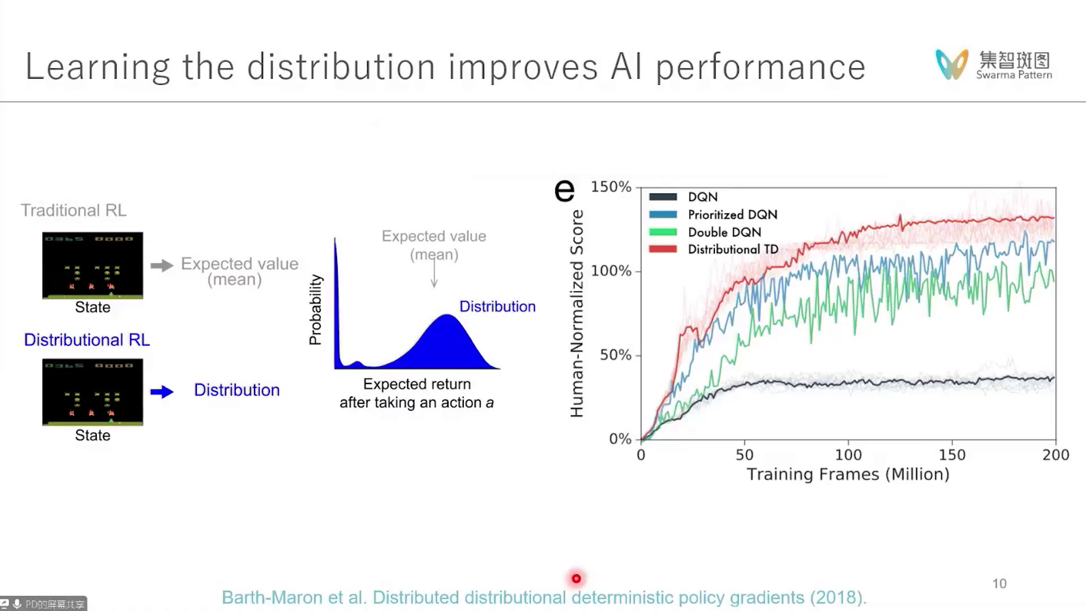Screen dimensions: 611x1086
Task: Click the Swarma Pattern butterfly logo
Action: (952, 64)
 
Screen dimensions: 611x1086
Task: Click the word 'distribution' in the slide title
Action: (341, 67)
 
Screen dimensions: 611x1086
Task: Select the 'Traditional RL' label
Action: (74, 210)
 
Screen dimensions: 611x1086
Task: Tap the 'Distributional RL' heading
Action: (87, 339)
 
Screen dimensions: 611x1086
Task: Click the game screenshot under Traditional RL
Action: (93, 265)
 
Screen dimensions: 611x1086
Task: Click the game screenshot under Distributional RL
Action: (93, 391)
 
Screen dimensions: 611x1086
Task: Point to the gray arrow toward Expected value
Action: (162, 265)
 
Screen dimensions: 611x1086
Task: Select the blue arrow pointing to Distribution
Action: (162, 391)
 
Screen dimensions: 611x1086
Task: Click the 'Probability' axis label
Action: (315, 309)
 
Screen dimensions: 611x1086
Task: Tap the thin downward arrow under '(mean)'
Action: (434, 274)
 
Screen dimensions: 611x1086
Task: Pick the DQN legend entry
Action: (703, 197)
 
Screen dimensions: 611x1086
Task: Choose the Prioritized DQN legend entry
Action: (732, 214)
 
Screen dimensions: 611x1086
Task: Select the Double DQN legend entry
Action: (724, 232)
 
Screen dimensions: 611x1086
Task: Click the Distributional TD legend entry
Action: (732, 249)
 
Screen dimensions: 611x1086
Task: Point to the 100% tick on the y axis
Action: (611, 271)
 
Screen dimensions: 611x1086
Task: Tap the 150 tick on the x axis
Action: (952, 455)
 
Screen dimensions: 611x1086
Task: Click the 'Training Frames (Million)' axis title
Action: (848, 474)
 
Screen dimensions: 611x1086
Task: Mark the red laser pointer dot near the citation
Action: (576, 578)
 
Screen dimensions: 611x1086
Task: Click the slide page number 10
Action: (999, 583)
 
